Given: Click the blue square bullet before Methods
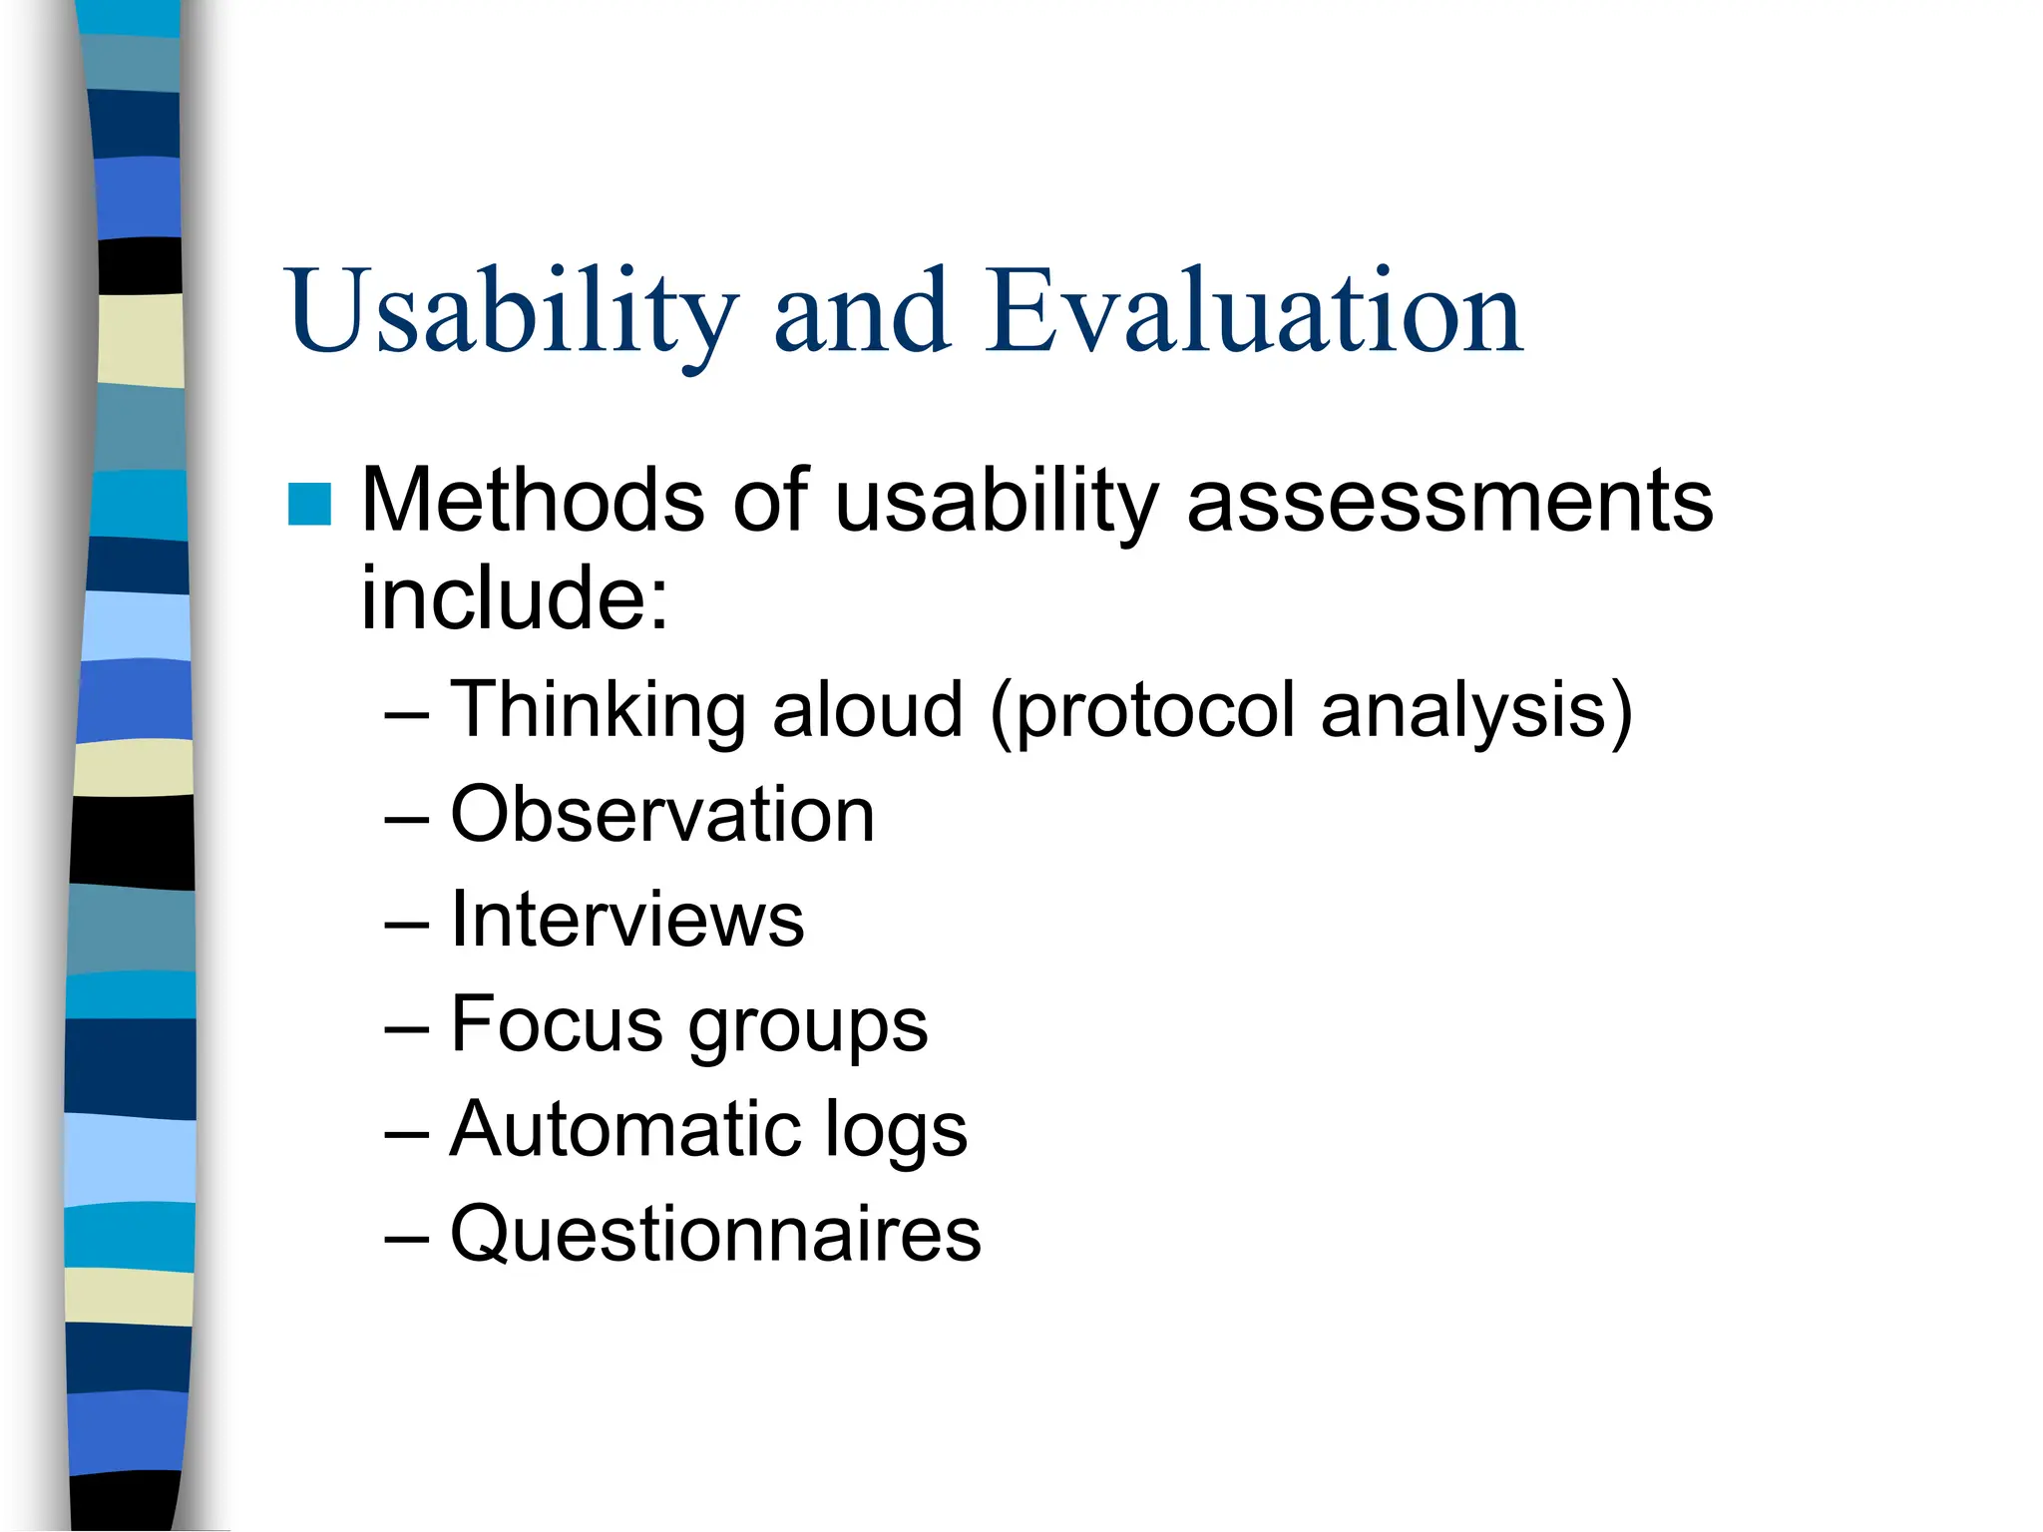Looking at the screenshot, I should pos(309,504).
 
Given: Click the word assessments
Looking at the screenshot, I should pos(1449,502).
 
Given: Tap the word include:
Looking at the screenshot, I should pos(514,598).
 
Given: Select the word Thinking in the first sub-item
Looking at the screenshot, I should pos(597,710).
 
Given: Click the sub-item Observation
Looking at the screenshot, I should pos(661,815).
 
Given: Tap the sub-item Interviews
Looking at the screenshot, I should pos(626,920).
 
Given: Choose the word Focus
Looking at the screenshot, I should pos(556,1024).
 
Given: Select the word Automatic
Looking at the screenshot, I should pos(624,1129).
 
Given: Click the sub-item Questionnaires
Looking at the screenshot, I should pos(715,1235).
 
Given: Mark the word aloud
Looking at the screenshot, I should pos(867,710).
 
